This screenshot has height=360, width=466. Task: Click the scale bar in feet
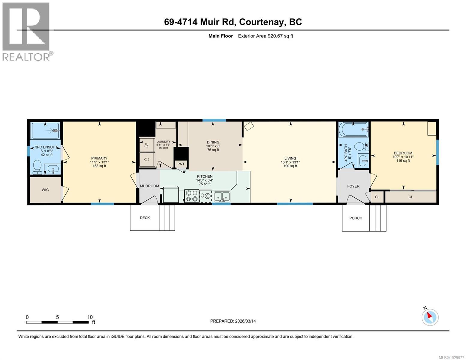57,322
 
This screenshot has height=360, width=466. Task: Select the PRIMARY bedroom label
99,158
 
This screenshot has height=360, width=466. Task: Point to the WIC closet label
45,190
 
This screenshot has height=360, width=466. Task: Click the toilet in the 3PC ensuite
38,167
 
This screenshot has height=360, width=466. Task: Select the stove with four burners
191,196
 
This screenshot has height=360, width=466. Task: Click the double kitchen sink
222,196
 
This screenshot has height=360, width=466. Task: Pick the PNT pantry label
181,164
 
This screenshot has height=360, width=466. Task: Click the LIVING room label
290,158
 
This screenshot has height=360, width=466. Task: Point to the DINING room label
213,142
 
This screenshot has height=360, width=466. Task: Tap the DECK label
145,218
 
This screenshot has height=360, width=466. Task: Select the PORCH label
356,218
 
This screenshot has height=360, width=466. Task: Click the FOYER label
353,186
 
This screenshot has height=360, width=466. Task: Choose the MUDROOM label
149,186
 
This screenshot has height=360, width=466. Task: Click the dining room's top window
214,120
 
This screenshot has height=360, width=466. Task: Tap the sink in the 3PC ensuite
53,170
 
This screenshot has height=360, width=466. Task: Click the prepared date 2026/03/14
233,321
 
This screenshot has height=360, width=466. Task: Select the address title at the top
233,22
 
